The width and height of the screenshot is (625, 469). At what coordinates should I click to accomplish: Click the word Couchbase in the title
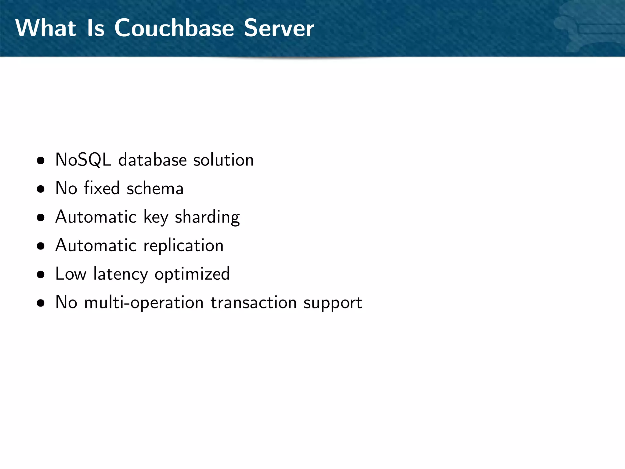[174, 28]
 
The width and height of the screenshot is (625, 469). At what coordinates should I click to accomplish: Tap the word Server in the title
[279, 28]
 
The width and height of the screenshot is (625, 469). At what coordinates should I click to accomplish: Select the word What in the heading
[46, 28]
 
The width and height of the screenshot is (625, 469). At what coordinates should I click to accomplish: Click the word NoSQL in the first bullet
[83, 160]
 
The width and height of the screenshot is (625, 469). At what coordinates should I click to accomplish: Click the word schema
[155, 188]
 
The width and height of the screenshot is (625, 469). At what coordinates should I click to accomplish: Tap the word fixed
[102, 188]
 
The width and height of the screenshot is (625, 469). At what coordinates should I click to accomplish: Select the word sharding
[207, 217]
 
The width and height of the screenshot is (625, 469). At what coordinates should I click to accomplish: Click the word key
[156, 217]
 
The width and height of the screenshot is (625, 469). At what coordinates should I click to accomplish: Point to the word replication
[183, 245]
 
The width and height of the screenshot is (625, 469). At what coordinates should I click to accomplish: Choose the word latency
[121, 274]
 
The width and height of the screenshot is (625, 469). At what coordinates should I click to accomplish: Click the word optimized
[192, 274]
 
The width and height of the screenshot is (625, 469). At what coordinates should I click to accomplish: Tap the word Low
[71, 274]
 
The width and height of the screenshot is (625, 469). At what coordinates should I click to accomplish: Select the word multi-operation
[144, 303]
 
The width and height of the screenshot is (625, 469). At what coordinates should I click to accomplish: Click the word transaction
[254, 303]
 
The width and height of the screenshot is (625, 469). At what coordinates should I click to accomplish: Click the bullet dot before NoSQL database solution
[41, 161]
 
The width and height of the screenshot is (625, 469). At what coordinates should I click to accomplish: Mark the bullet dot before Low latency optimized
[41, 274]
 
